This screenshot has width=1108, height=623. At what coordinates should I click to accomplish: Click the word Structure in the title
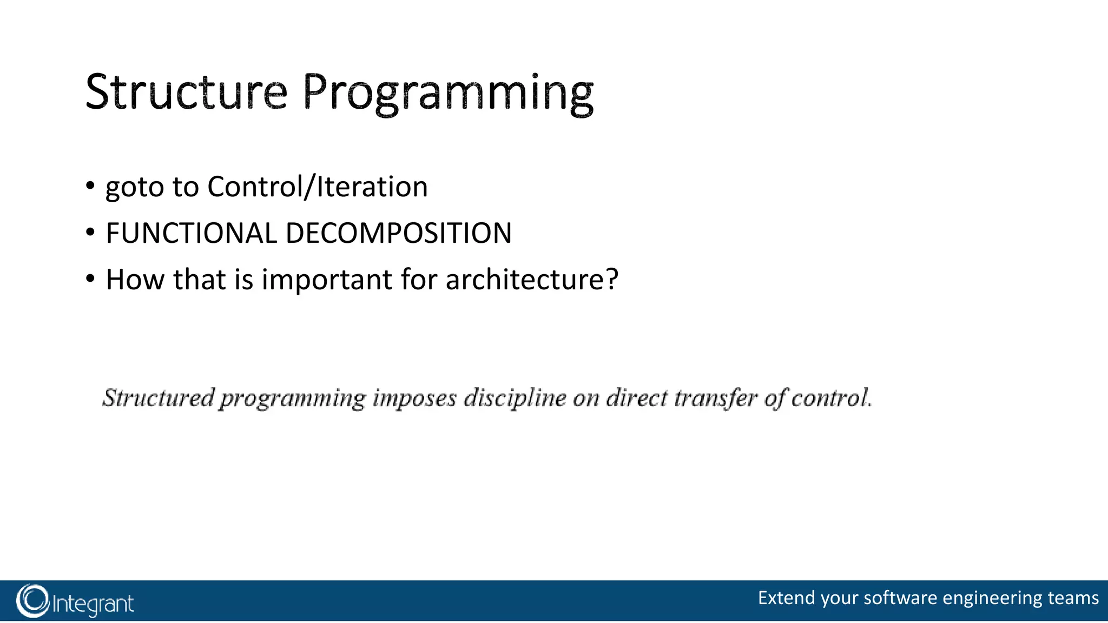pos(186,92)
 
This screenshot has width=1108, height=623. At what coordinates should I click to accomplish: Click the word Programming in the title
pos(447,93)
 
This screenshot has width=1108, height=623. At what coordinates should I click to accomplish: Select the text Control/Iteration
pos(318,187)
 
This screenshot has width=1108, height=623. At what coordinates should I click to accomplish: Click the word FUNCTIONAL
pos(191,233)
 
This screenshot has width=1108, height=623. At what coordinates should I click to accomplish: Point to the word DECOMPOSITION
pos(398,233)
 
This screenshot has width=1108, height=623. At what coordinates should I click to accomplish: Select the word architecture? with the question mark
pos(532,280)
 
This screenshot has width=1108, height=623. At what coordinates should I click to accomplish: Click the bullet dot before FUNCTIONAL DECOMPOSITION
pos(90,233)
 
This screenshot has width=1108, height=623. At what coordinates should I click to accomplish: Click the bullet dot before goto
pos(90,187)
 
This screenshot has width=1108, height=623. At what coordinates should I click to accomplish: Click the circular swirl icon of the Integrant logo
pos(32,601)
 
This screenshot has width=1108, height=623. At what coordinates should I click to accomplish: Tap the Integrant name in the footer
pos(93,604)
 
